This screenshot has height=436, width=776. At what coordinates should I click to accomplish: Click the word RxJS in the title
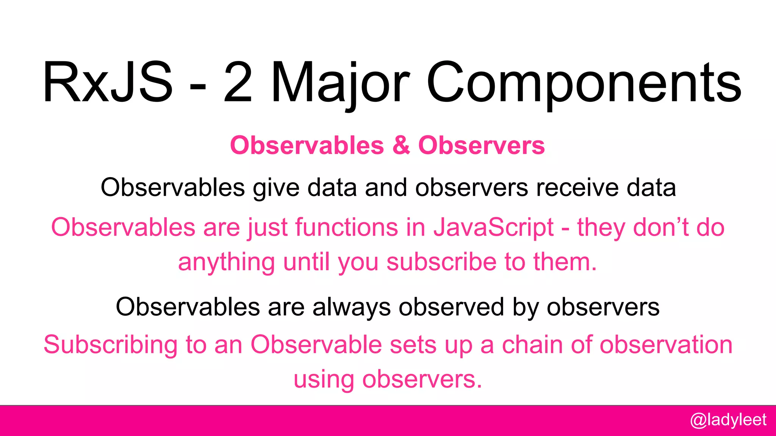(x=108, y=83)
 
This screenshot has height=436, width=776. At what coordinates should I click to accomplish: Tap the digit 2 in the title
(x=238, y=83)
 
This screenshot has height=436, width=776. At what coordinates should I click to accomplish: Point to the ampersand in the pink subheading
(x=401, y=145)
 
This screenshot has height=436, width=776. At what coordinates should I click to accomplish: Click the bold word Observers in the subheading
(x=481, y=145)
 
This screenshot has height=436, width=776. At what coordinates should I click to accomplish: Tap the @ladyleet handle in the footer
(x=728, y=420)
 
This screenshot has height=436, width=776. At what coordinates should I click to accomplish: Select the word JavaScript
(x=493, y=227)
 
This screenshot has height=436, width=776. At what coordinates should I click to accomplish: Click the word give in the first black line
(x=276, y=188)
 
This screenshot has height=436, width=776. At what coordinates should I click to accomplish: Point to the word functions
(x=346, y=227)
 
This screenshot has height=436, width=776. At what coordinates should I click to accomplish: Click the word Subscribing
(x=110, y=345)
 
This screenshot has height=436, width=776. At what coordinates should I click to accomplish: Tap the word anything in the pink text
(x=226, y=262)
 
